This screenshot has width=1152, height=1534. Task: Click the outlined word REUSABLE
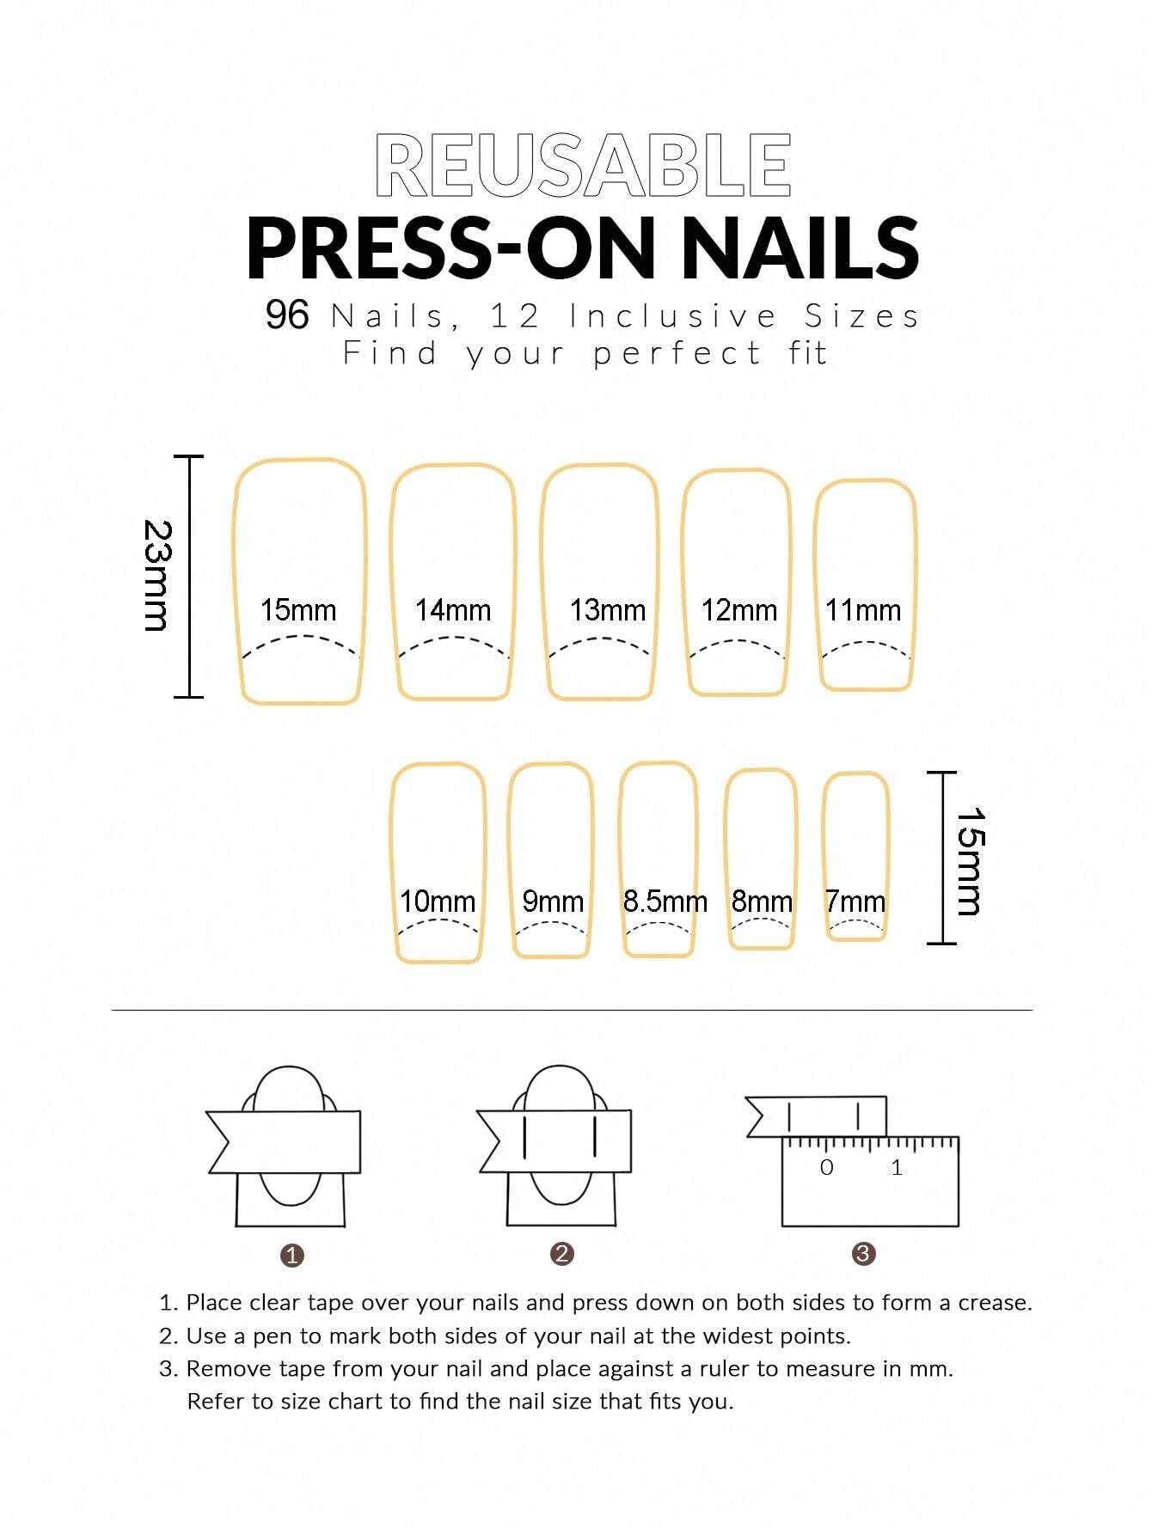pyautogui.click(x=583, y=165)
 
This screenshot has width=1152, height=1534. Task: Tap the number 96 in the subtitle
pyautogui.click(x=286, y=315)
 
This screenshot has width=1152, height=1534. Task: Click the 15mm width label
pyautogui.click(x=297, y=610)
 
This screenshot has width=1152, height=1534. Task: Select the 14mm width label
pyautogui.click(x=452, y=610)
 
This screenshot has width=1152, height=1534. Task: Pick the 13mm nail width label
pyautogui.click(x=607, y=610)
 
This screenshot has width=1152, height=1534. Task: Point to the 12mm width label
pyautogui.click(x=738, y=610)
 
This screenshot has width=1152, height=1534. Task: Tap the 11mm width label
pyautogui.click(x=863, y=610)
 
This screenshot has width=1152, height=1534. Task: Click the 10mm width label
pyautogui.click(x=437, y=901)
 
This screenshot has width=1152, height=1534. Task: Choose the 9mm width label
pyautogui.click(x=553, y=901)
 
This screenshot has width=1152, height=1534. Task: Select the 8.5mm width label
pyautogui.click(x=665, y=901)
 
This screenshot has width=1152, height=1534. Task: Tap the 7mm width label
pyautogui.click(x=855, y=901)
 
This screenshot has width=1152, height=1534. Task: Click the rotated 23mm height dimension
pyautogui.click(x=156, y=576)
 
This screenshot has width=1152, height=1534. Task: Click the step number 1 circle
pyautogui.click(x=292, y=1256)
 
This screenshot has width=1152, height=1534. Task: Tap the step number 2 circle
pyautogui.click(x=561, y=1254)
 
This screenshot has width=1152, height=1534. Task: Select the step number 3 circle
pyautogui.click(x=863, y=1254)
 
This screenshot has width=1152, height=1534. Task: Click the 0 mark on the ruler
pyautogui.click(x=826, y=1167)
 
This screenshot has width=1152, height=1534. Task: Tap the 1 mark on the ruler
pyautogui.click(x=897, y=1167)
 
